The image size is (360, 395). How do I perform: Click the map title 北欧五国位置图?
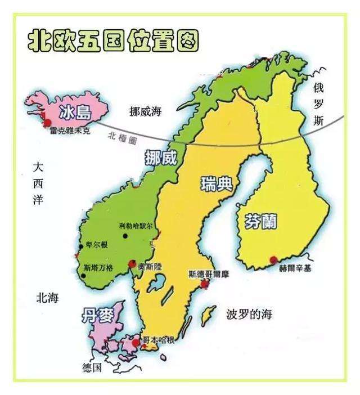[113, 41]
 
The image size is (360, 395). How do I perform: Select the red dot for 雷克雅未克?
[47, 122]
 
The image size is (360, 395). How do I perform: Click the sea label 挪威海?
[145, 111]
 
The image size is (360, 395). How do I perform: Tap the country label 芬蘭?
[260, 221]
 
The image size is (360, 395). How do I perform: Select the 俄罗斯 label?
[319, 104]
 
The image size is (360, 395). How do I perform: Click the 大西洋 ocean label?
[38, 183]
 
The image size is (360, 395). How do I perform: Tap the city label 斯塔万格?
[98, 268]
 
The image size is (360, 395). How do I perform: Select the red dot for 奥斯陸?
[133, 263]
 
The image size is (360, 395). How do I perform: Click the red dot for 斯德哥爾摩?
[204, 284]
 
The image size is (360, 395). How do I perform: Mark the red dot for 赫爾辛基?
[274, 259]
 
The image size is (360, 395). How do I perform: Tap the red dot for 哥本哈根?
[135, 342]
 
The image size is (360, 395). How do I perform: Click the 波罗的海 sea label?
[249, 314]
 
